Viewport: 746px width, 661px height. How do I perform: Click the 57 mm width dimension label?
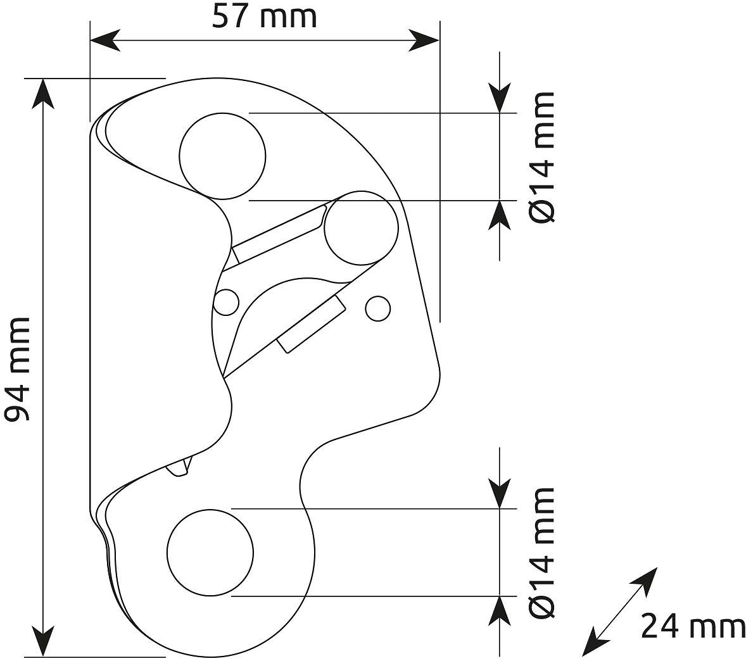click(265, 18)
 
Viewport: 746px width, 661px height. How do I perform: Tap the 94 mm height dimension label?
click(18, 370)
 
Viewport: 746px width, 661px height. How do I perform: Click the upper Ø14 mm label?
click(542, 157)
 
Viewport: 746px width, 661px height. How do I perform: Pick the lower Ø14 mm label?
click(542, 553)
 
